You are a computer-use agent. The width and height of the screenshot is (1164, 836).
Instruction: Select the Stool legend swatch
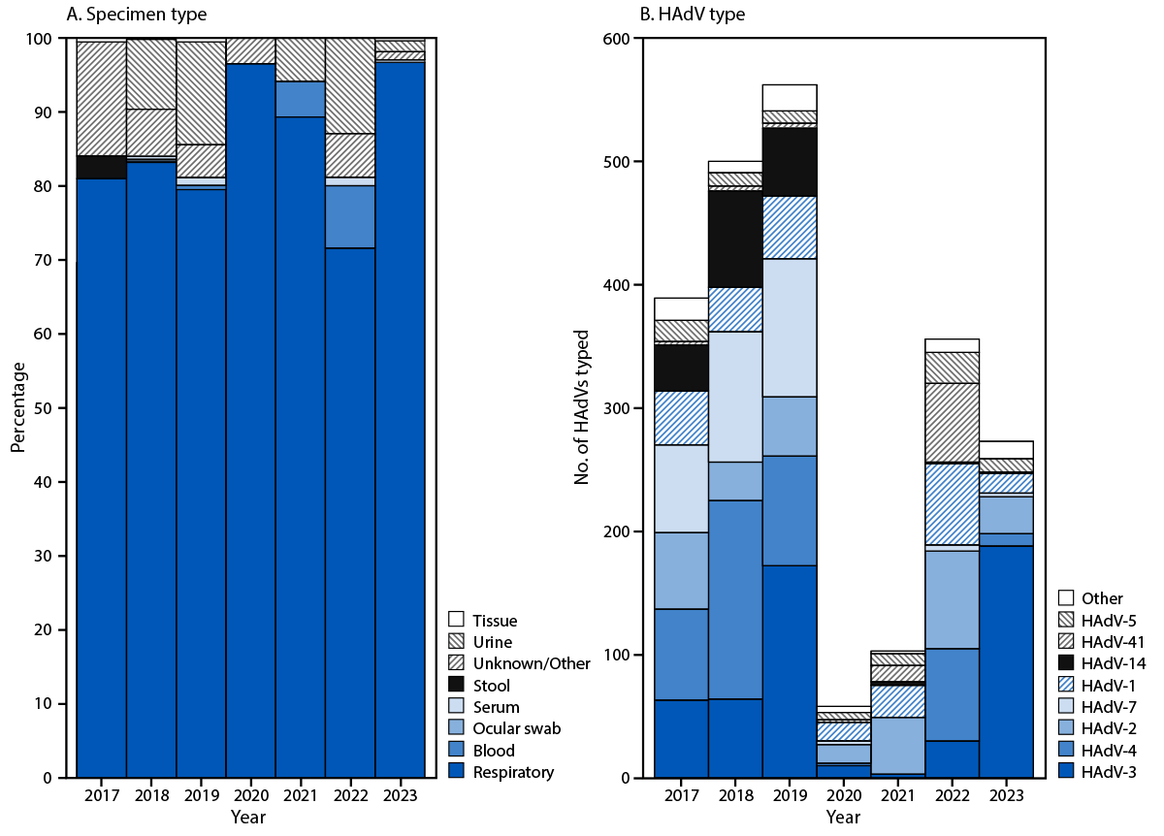[458, 686]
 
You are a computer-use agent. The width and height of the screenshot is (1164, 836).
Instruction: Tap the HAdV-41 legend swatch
[1066, 642]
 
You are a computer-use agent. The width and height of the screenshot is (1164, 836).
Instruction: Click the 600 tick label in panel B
[616, 39]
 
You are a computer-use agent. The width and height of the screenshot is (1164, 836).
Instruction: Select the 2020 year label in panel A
[250, 796]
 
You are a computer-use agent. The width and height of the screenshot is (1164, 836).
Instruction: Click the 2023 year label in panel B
[1005, 796]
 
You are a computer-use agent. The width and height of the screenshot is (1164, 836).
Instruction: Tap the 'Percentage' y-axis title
[17, 407]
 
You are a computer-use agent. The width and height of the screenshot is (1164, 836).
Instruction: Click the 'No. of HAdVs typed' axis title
[582, 407]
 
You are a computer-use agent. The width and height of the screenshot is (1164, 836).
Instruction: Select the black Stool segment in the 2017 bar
[102, 167]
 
